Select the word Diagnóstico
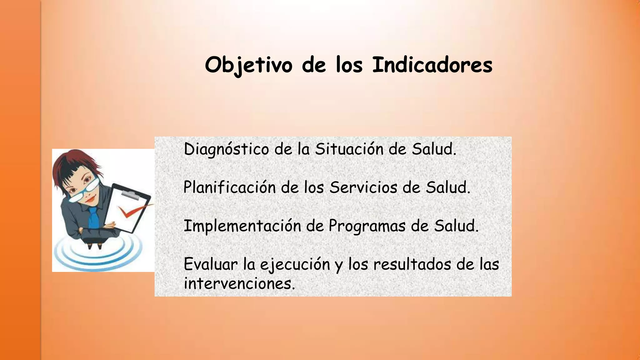pyautogui.click(x=226, y=149)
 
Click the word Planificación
pyautogui.click(x=229, y=187)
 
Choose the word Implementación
pyautogui.click(x=242, y=226)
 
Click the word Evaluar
pyautogui.click(x=211, y=264)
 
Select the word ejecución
pyautogui.click(x=295, y=265)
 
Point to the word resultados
pyautogui.click(x=412, y=264)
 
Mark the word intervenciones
pyautogui.click(x=239, y=283)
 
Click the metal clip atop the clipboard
pyautogui.click(x=131, y=196)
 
